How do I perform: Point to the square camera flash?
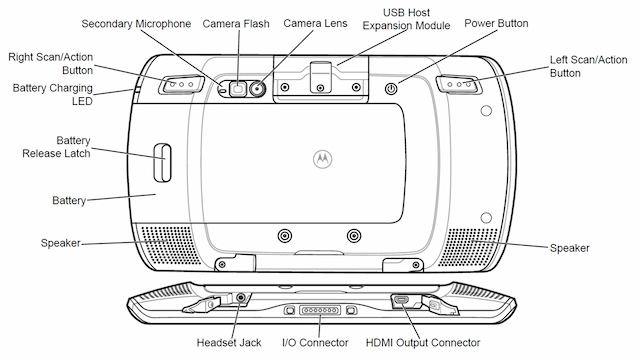pos(238,88)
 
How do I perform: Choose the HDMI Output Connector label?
pos(428,343)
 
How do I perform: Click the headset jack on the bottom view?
pos(240,297)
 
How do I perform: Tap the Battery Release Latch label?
pos(57,148)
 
